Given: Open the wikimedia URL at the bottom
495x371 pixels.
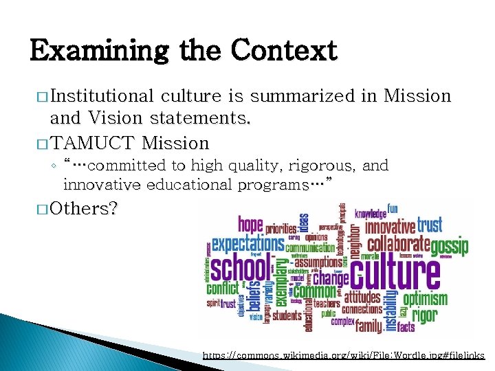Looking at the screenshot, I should coord(344,355).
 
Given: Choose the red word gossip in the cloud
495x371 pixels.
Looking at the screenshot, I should coord(450,246).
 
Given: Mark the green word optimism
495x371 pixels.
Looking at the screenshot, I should coord(425,299).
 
